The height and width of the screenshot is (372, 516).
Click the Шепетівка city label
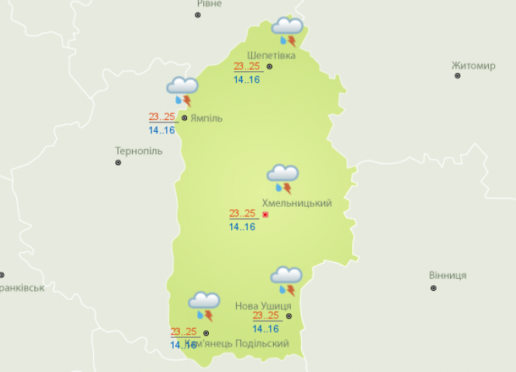271,55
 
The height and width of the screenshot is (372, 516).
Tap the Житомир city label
473,66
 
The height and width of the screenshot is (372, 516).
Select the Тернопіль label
139,150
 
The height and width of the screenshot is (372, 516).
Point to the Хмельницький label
297,203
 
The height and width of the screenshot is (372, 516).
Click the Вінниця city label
448,276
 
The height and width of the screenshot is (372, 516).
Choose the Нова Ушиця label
263,306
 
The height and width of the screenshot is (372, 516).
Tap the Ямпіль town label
206,118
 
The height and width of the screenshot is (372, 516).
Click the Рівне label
209,4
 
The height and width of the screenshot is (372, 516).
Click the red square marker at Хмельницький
265,214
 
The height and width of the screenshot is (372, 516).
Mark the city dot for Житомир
458,76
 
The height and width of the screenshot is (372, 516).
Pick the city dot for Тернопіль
118,163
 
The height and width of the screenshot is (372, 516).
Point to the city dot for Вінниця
433,288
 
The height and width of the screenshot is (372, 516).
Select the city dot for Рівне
197,15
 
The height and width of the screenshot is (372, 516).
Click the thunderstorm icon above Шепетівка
287,32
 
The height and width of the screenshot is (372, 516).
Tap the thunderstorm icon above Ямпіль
182,91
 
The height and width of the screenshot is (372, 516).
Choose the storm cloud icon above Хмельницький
282,179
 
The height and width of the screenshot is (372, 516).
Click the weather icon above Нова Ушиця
286,281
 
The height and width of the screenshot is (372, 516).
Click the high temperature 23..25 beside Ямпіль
162,117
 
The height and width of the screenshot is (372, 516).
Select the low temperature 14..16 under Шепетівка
247,79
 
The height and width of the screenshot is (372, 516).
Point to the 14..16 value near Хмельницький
242,227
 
